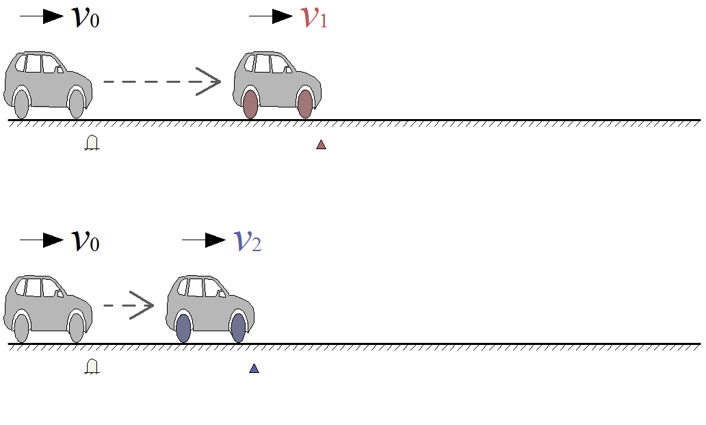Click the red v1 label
[x=315, y=18]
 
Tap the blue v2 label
[x=248, y=241]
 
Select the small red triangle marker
[x=321, y=144]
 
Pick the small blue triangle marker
[x=254, y=368]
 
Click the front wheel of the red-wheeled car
[x=305, y=104]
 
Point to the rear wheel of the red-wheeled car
[x=250, y=104]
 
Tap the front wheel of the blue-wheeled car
[x=238, y=328]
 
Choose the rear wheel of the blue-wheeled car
[x=183, y=328]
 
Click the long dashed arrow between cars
[x=162, y=81]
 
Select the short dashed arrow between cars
[x=129, y=305]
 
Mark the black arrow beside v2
[x=204, y=240]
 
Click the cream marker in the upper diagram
[x=92, y=143]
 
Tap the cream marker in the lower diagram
[x=92, y=367]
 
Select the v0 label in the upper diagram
[x=86, y=18]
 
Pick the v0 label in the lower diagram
[x=86, y=241]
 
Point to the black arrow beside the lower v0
[x=42, y=240]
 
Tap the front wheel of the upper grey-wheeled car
[x=76, y=104]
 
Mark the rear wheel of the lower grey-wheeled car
[x=21, y=328]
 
